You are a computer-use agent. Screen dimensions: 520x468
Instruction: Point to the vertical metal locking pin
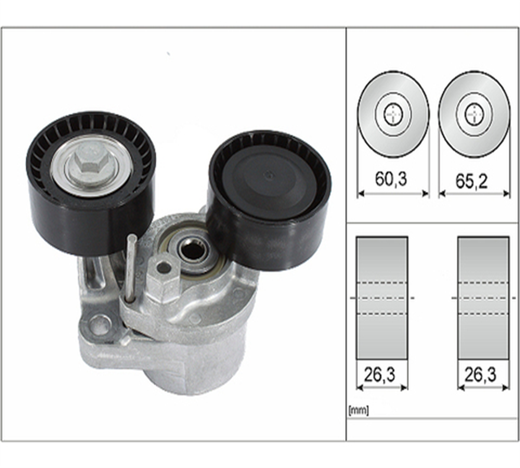coord(131,268)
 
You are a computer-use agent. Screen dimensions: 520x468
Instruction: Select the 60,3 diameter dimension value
coord(391,179)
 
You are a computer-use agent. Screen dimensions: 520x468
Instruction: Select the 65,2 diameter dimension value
coord(471,181)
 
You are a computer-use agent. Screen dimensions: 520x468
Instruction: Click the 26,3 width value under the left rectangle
coord(380,375)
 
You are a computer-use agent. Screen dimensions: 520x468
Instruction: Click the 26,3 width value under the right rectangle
coord(480,375)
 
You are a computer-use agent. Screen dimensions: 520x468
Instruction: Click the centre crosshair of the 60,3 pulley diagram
coord(393,114)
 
